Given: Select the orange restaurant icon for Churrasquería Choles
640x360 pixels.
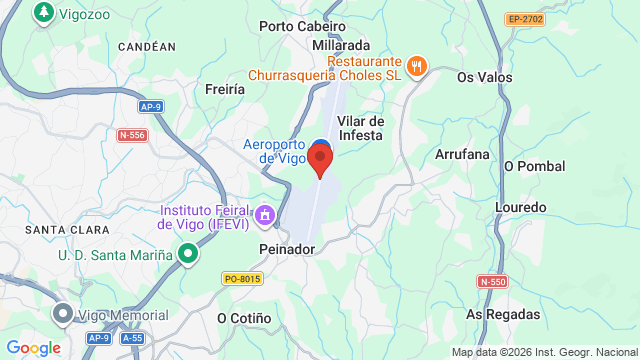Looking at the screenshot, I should pyautogui.click(x=418, y=67).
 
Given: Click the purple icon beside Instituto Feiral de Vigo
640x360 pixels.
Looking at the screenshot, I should pyautogui.click(x=265, y=215).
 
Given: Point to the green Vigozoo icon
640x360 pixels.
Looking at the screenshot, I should pyautogui.click(x=43, y=12).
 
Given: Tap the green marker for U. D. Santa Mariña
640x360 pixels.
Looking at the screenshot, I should pyautogui.click(x=187, y=255).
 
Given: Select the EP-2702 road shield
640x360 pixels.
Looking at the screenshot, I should pyautogui.click(x=524, y=18).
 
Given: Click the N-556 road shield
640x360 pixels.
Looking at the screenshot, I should pyautogui.click(x=131, y=135).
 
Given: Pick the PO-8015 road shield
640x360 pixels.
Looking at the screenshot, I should pyautogui.click(x=242, y=278).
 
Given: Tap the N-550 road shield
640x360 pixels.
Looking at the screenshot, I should pyautogui.click(x=493, y=282).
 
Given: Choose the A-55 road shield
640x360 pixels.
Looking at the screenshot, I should pyautogui.click(x=132, y=338).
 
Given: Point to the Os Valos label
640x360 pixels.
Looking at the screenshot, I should pyautogui.click(x=484, y=77).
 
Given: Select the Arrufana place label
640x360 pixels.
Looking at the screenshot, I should pyautogui.click(x=462, y=154).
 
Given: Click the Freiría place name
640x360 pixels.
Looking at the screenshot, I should pyautogui.click(x=223, y=89).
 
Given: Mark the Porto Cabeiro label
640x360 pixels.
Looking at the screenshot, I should pyautogui.click(x=302, y=27).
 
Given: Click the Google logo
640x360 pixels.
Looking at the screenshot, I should pyautogui.click(x=33, y=347).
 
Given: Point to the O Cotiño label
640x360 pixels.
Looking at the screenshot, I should pyautogui.click(x=244, y=318).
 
